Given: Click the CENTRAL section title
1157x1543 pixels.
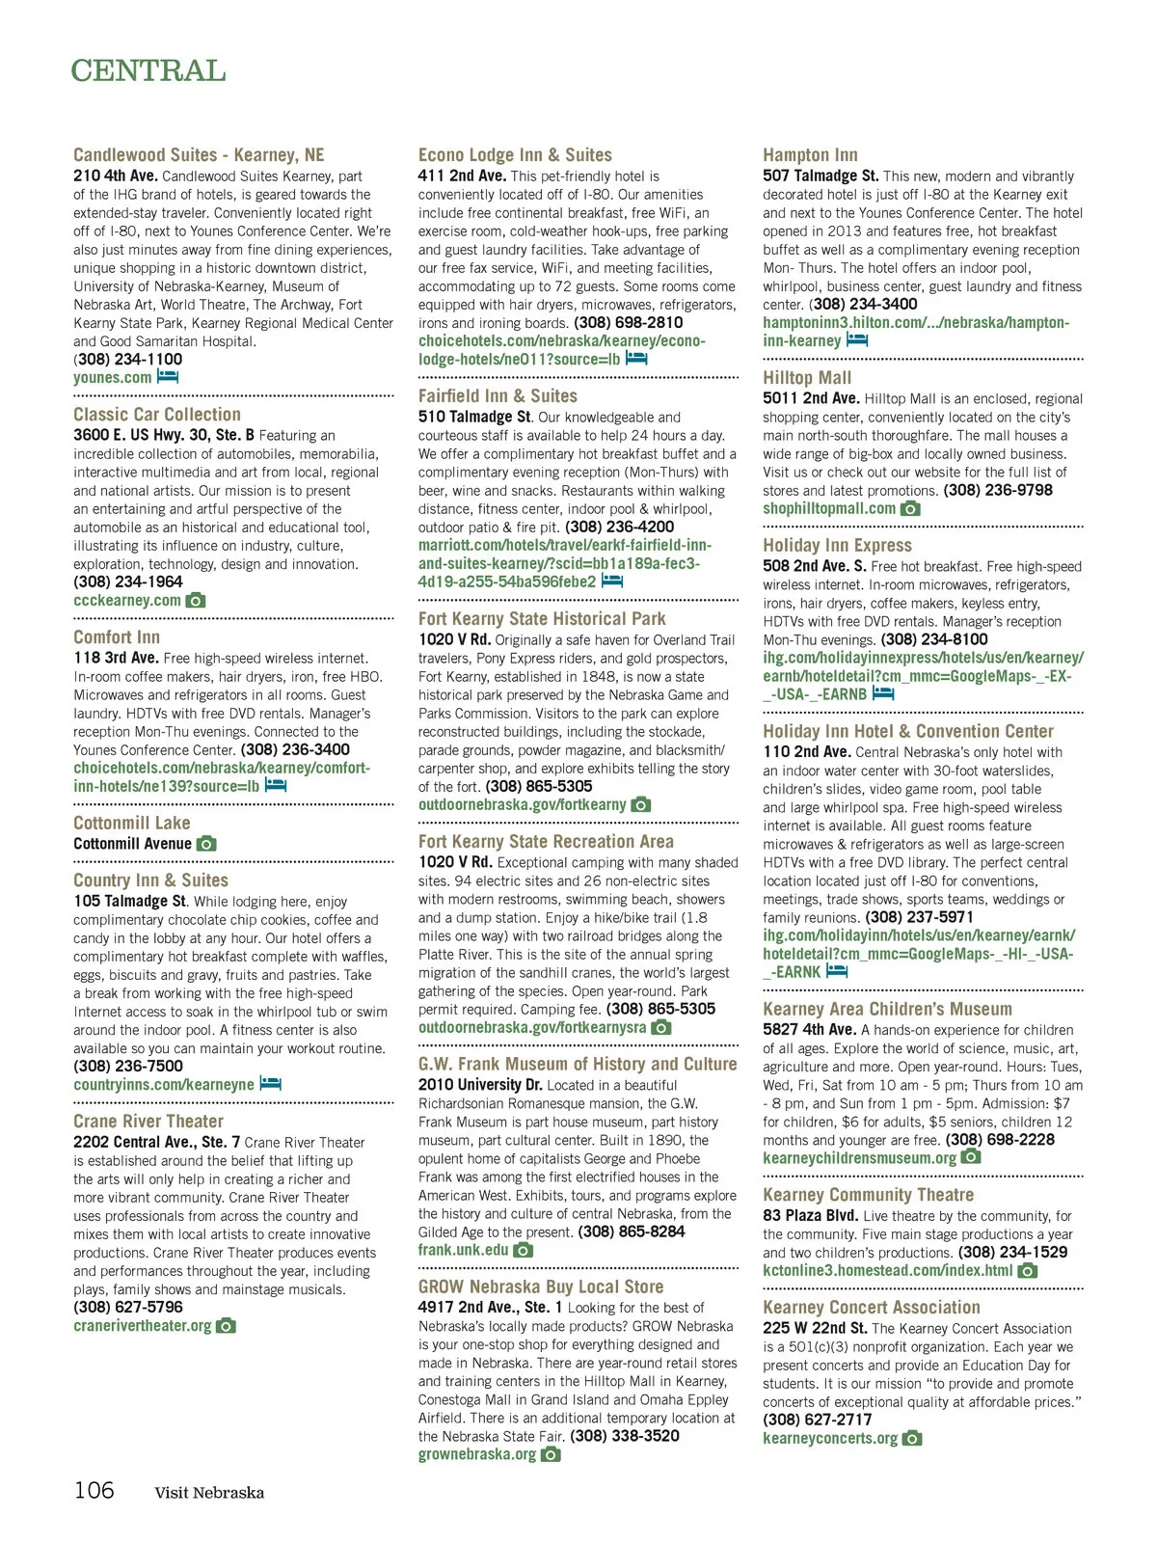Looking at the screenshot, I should (x=148, y=71).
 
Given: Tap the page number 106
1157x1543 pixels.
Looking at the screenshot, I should (x=94, y=1490).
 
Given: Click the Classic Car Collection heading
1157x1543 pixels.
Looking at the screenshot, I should (x=157, y=415).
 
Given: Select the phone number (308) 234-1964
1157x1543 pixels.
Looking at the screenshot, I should (x=128, y=582).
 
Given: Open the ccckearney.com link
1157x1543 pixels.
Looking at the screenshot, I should (x=127, y=600).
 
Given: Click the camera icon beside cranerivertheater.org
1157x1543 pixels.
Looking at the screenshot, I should (x=226, y=1326).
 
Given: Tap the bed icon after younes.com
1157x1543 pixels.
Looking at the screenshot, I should (x=169, y=377).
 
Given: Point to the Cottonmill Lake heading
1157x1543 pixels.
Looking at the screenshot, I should (x=132, y=823).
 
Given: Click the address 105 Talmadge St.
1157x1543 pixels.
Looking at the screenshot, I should (x=130, y=901).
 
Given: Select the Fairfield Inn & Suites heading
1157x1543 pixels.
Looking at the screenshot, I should (x=498, y=395).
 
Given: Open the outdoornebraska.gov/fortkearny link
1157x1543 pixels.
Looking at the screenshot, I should (x=523, y=804).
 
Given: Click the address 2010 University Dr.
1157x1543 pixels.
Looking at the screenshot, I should (x=480, y=1085).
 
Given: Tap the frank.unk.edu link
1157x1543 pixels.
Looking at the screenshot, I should (x=463, y=1250).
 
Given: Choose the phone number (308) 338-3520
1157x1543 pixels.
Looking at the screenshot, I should (x=625, y=1436).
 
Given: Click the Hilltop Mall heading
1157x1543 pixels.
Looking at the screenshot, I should (x=807, y=378).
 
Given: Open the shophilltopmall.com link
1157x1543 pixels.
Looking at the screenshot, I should (x=829, y=508).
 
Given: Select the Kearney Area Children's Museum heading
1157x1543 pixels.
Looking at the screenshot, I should (x=887, y=1009).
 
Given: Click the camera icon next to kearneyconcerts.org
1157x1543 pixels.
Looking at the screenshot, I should (x=912, y=1438).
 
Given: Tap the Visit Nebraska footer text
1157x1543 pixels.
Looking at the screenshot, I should (x=209, y=1493).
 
